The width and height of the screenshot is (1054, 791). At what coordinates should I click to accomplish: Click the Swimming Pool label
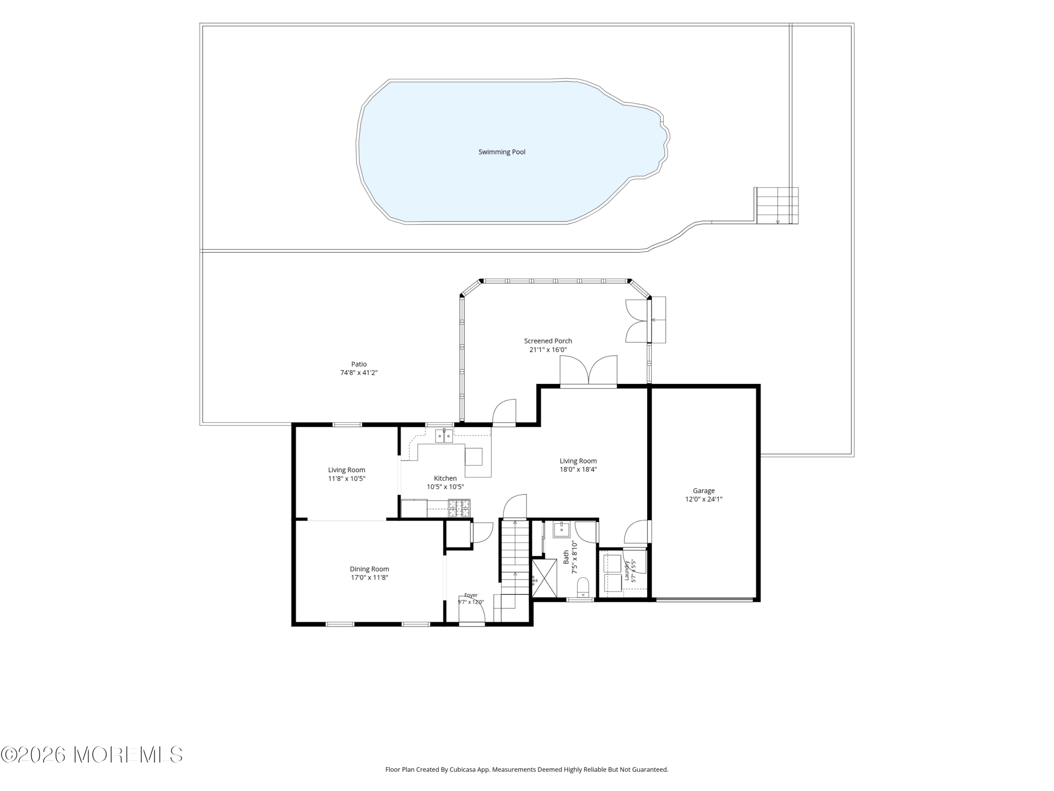[502, 152]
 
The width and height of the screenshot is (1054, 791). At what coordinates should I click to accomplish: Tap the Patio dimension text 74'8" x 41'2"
[359, 373]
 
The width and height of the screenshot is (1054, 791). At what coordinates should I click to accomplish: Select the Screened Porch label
[548, 341]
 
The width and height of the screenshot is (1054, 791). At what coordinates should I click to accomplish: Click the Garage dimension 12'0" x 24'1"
[704, 499]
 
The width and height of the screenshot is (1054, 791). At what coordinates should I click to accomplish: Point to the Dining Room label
[369, 569]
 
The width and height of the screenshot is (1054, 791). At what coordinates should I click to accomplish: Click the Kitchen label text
[445, 478]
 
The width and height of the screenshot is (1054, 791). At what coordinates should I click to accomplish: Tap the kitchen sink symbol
[444, 436]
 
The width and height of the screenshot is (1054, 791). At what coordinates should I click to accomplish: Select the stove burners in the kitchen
[459, 508]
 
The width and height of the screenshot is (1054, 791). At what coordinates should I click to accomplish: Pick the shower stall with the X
[544, 578]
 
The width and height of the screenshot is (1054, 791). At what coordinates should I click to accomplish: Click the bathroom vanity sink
[562, 529]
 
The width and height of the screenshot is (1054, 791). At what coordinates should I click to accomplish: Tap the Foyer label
[471, 595]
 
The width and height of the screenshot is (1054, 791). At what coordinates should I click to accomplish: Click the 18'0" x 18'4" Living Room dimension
[578, 469]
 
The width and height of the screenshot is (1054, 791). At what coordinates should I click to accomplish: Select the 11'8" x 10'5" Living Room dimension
[346, 479]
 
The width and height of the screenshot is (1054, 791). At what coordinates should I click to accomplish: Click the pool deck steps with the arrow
[777, 206]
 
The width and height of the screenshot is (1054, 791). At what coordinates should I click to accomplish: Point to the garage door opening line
[704, 600]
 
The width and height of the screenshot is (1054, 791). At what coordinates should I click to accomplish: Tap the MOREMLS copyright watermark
[91, 755]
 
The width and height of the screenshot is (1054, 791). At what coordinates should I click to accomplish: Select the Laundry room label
[627, 571]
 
